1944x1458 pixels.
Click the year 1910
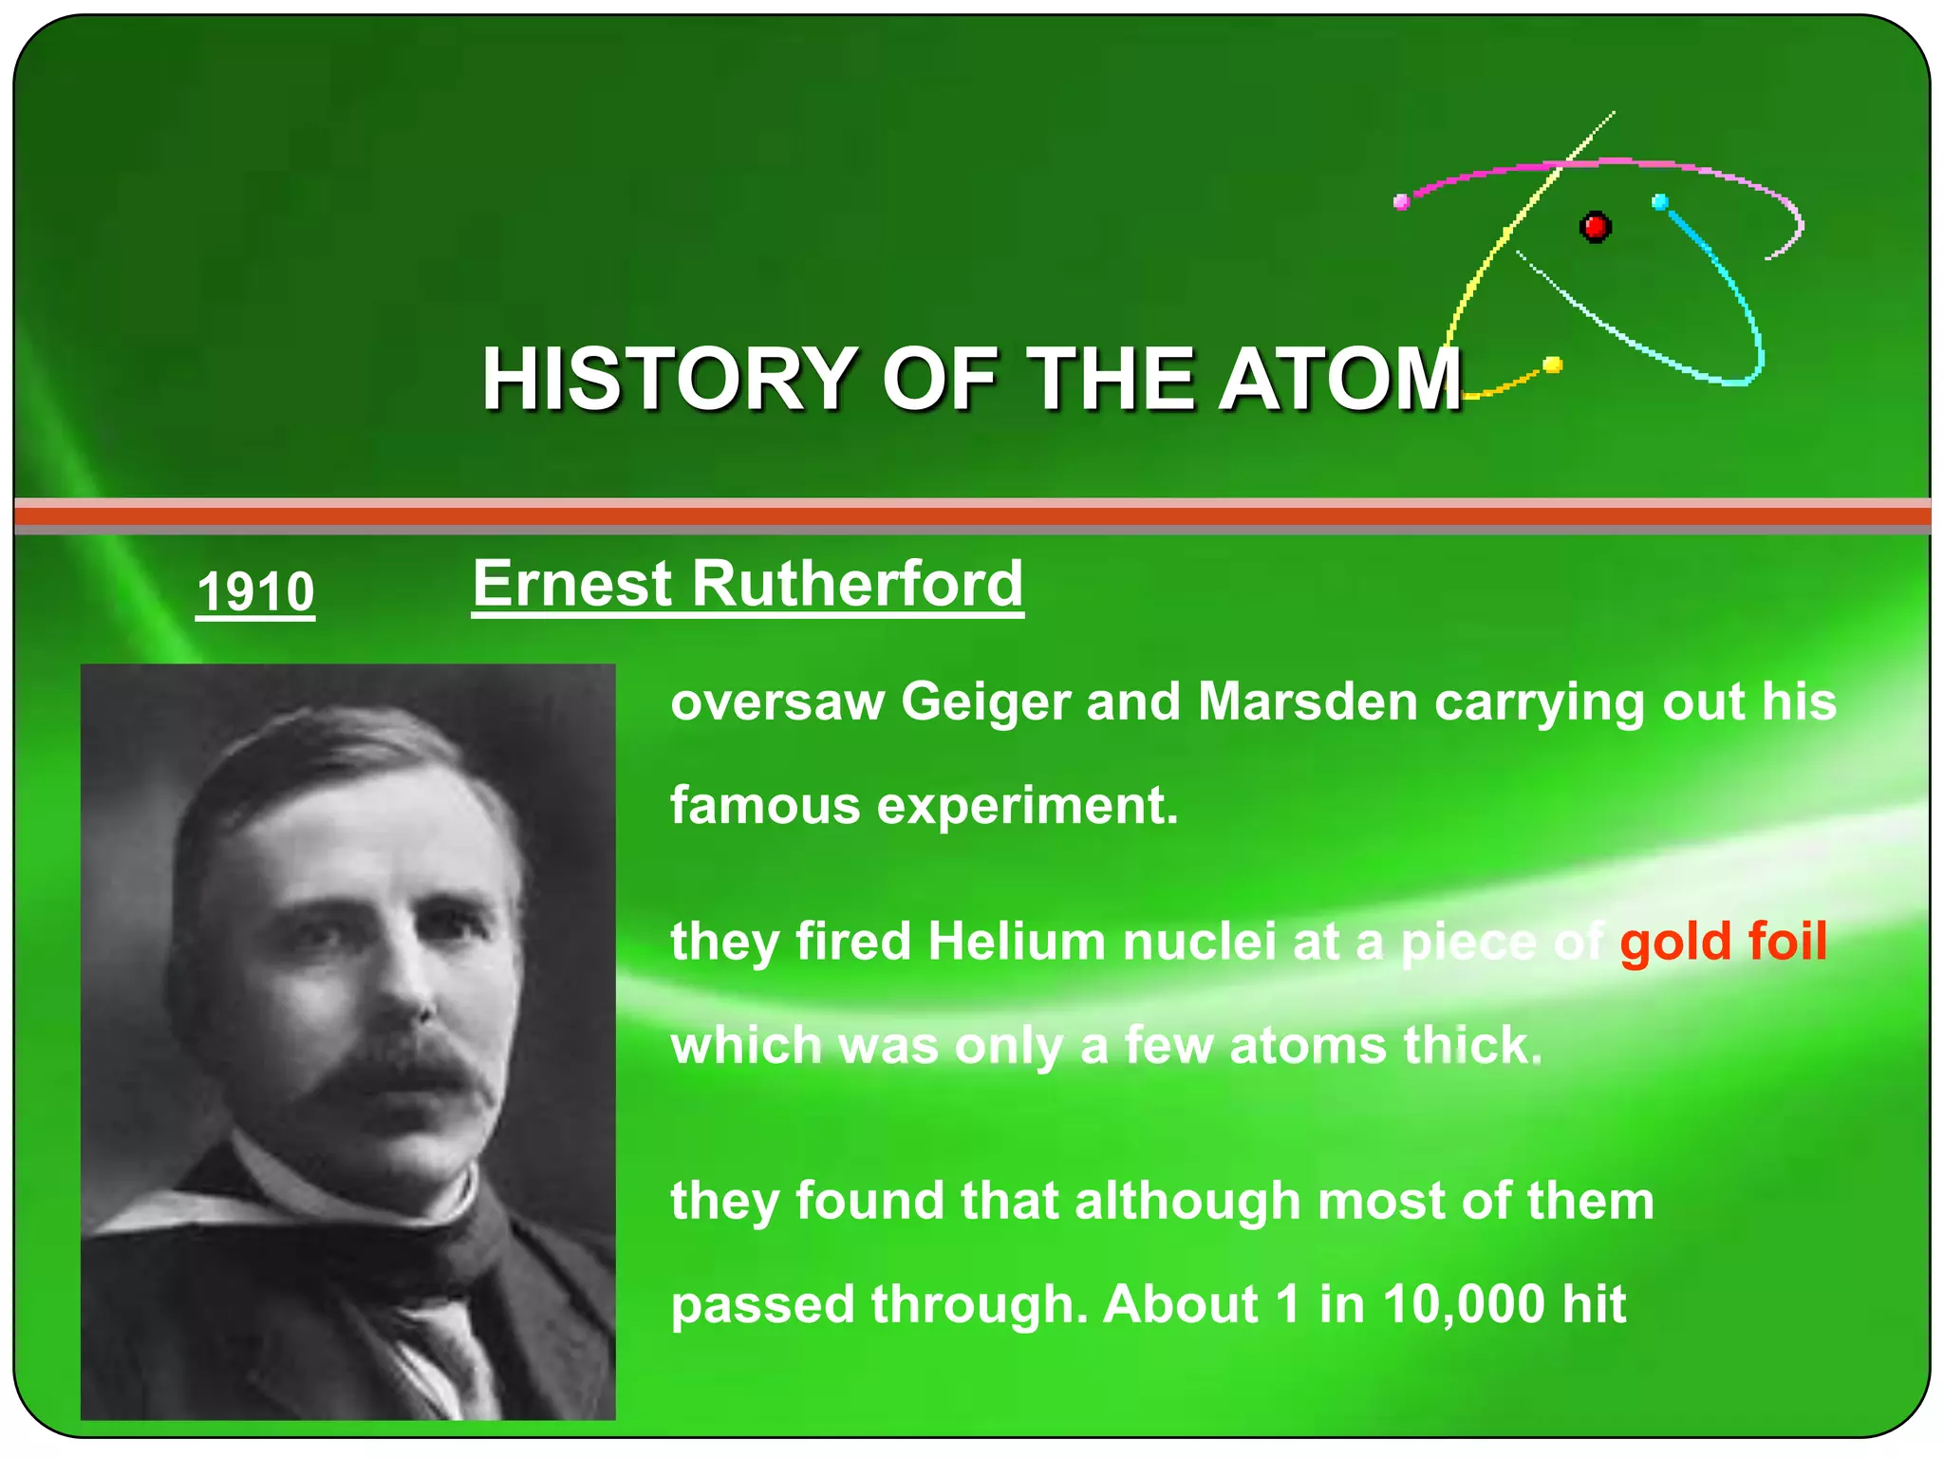point(254,591)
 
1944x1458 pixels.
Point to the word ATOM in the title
point(1339,379)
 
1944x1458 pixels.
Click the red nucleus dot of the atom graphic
point(1595,227)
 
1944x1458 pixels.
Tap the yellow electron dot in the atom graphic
point(1553,364)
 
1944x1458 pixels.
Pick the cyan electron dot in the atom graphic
point(1659,202)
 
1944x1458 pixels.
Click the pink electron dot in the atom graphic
point(1401,201)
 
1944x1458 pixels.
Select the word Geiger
point(984,703)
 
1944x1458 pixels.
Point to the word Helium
point(1017,943)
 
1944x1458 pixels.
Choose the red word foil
point(1787,942)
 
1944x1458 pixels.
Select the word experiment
point(1027,807)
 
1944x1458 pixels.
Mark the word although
point(1187,1201)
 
